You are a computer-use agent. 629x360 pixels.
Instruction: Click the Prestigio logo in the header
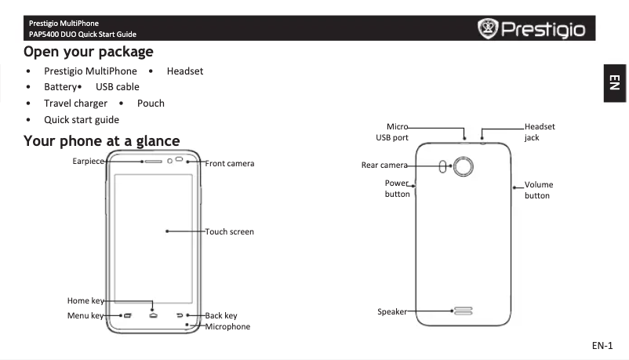pos(531,30)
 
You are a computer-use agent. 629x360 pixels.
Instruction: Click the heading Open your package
pos(88,52)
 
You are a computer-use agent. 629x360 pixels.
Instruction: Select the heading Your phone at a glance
pos(101,141)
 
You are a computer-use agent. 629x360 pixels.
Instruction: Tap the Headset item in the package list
pos(185,71)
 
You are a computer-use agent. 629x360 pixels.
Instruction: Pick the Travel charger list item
pos(75,104)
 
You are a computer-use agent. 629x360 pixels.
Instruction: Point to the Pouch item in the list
pos(151,104)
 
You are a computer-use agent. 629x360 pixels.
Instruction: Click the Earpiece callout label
pos(88,161)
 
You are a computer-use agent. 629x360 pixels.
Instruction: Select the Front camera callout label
pos(229,164)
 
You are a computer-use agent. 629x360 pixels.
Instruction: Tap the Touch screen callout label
pos(229,232)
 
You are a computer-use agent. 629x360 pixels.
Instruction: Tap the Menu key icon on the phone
pos(126,316)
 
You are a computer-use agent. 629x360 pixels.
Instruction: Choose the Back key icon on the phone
pos(180,316)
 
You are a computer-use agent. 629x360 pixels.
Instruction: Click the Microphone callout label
pos(227,327)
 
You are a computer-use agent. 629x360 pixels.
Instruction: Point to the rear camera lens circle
pos(464,166)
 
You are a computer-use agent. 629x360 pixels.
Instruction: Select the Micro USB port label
pos(392,132)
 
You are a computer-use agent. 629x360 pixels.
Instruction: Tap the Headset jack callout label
pos(540,132)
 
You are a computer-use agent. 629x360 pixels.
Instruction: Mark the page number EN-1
pos(602,345)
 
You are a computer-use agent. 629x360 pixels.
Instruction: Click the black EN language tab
pos(615,82)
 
